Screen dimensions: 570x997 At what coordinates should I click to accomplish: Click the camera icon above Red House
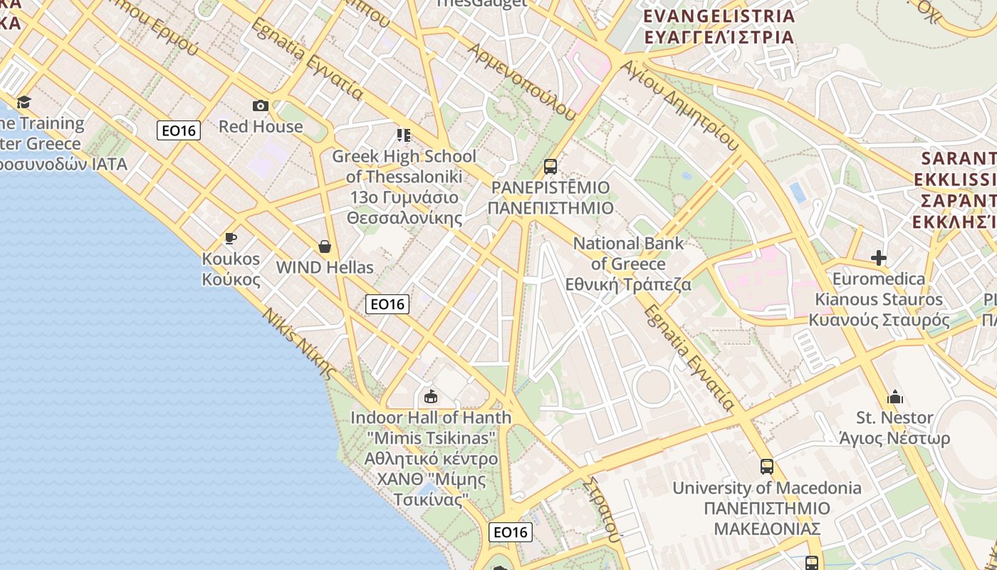(261, 106)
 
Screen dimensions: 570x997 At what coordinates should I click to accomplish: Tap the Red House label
(261, 127)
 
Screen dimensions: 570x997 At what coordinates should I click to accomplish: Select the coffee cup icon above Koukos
(230, 239)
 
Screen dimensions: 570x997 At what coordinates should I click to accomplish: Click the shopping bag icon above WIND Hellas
(325, 247)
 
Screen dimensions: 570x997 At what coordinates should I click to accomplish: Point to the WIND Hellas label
(325, 268)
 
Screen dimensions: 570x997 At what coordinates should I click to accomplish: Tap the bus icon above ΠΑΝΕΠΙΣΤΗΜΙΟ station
(550, 167)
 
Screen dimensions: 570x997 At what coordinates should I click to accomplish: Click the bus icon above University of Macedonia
(767, 467)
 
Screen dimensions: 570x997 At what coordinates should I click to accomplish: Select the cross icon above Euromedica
(879, 258)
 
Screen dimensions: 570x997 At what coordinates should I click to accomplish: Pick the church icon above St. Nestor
(895, 397)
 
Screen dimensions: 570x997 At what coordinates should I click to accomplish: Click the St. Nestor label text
(895, 418)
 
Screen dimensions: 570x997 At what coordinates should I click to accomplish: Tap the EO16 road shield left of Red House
(179, 130)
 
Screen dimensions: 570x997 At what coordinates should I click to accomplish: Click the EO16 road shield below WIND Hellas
(387, 304)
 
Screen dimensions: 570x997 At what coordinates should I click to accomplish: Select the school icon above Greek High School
(404, 135)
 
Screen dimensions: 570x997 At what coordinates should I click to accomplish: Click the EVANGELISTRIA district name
(719, 16)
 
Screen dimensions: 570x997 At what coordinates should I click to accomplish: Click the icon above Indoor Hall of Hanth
(430, 396)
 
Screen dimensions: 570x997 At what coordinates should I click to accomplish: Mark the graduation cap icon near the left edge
(24, 102)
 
